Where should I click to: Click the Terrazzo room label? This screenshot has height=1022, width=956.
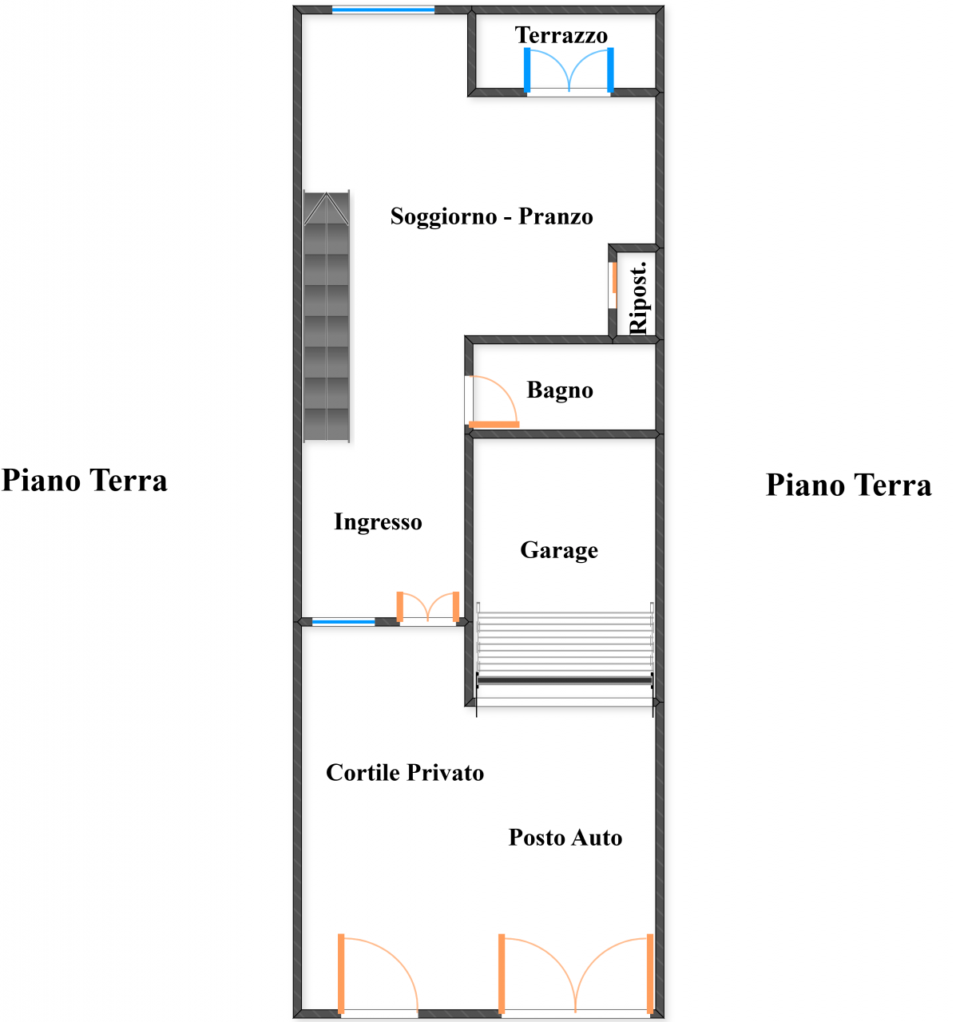(x=561, y=35)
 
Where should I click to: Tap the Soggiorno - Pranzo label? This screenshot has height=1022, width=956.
(x=491, y=216)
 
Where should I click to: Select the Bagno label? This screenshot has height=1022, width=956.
(x=560, y=390)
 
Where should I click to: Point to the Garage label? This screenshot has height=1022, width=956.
(x=559, y=550)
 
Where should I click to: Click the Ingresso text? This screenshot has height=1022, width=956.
(x=378, y=522)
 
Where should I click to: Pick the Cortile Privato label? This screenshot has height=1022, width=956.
(x=405, y=773)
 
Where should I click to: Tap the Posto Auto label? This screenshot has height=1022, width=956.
(x=565, y=838)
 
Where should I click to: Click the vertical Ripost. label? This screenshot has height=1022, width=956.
(x=638, y=297)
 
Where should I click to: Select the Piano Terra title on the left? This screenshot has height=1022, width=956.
(x=85, y=481)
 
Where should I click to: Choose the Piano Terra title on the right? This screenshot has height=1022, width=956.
(x=848, y=485)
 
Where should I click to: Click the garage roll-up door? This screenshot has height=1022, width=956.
(x=565, y=651)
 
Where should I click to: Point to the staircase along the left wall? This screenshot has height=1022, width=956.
(x=327, y=317)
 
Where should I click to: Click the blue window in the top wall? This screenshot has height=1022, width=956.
(x=383, y=10)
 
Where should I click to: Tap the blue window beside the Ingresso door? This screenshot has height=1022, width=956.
(x=343, y=621)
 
